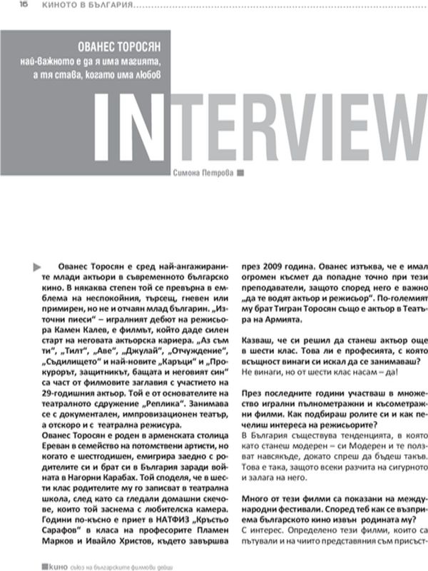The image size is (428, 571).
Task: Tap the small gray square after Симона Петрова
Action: pos(240,173)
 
